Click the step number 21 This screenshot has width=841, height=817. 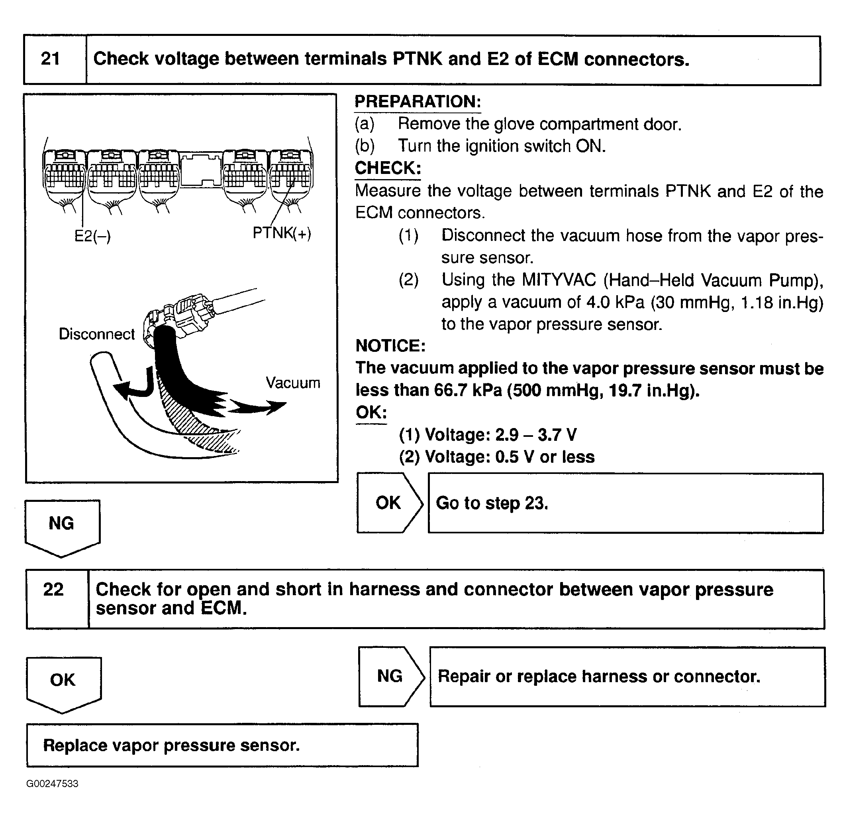click(x=50, y=59)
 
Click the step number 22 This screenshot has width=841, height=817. click(x=54, y=590)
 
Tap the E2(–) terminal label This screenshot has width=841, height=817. click(x=92, y=236)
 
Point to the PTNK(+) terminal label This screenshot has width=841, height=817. click(x=282, y=233)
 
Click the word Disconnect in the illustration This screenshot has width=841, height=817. click(x=96, y=334)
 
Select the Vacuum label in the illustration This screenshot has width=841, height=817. click(x=293, y=383)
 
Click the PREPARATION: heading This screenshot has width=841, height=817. click(x=418, y=102)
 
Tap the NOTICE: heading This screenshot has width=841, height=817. click(x=390, y=346)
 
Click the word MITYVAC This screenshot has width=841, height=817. click(x=559, y=280)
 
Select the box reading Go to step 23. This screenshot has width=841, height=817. click(x=625, y=503)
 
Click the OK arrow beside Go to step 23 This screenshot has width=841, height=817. click(x=389, y=503)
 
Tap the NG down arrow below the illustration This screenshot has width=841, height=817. click(x=62, y=526)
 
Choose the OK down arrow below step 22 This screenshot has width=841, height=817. click(x=63, y=682)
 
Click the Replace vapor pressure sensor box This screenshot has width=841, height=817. click(x=222, y=745)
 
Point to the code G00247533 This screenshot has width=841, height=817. click(x=52, y=784)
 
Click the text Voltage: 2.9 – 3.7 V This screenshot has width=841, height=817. click(x=488, y=435)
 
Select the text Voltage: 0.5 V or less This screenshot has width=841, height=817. click(x=497, y=457)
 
